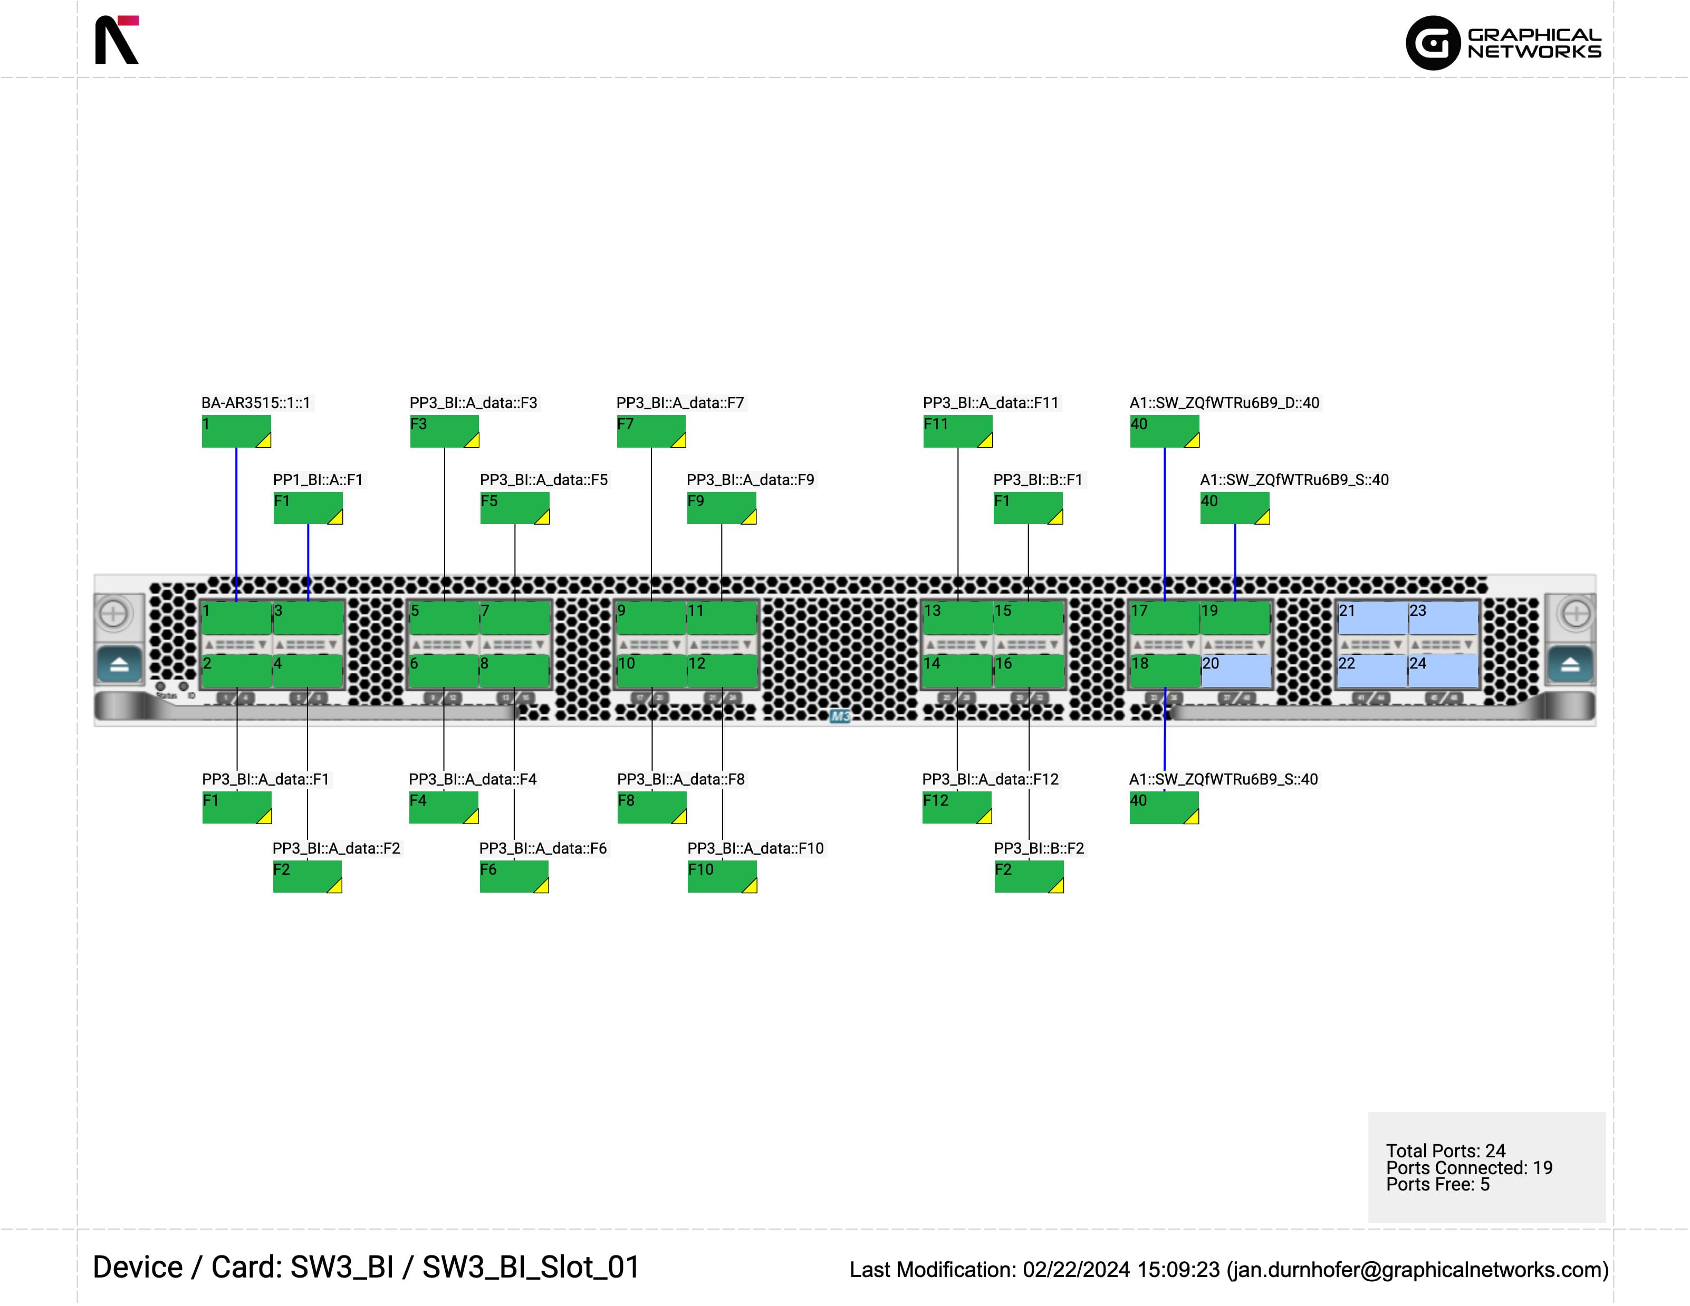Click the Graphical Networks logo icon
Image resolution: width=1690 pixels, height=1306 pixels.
[1432, 43]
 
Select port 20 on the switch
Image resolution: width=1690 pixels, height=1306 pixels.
[1235, 670]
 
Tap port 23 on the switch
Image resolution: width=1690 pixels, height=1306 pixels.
[1443, 617]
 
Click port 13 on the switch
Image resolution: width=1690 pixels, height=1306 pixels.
[957, 617]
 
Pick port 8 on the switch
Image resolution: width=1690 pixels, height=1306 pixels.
[514, 670]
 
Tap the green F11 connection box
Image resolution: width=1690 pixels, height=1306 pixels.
[957, 431]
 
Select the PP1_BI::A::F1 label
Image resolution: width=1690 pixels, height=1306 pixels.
[318, 480]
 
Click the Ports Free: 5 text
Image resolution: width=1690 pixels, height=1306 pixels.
[1437, 1185]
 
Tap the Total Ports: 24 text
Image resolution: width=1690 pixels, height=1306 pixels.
[1445, 1150]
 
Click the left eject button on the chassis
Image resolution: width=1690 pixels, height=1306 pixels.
[119, 664]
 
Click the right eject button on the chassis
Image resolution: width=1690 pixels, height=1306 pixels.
[1570, 664]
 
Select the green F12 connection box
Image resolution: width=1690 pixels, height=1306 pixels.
[956, 808]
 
